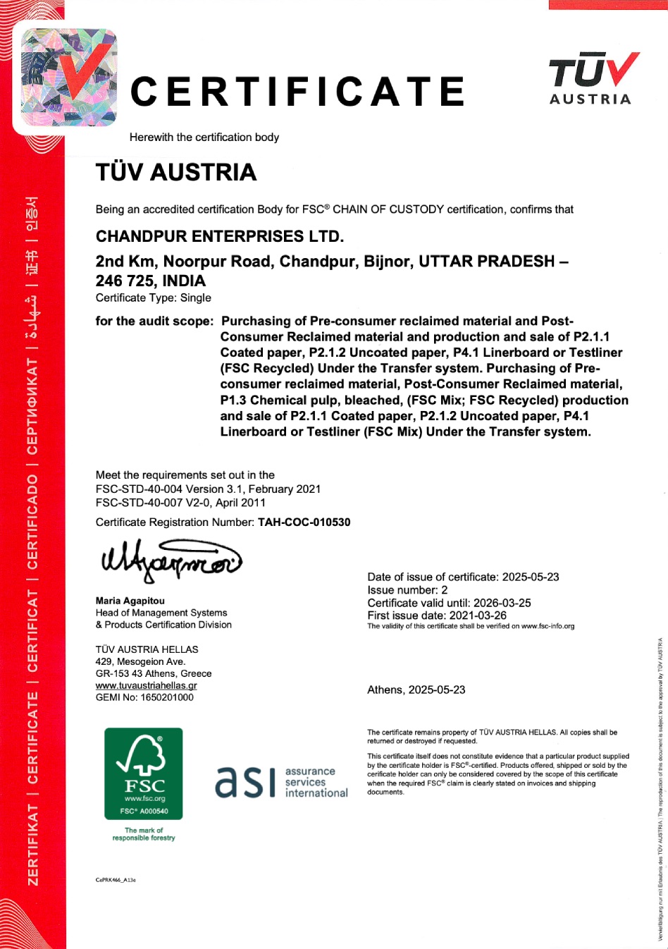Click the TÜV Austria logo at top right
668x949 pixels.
[593, 78]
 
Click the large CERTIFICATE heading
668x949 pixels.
[297, 92]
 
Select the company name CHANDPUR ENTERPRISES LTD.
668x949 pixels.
[220, 236]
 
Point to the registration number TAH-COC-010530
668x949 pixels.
[304, 522]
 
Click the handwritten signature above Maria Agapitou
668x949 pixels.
[171, 561]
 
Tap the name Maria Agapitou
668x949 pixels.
[130, 601]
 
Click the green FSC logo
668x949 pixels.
[144, 773]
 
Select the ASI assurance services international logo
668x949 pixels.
[281, 782]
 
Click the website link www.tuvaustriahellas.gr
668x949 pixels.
[147, 685]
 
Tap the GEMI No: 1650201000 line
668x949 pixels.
[144, 697]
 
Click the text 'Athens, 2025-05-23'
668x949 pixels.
[416, 690]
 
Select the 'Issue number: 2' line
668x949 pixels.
[407, 590]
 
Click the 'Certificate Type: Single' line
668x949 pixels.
[154, 298]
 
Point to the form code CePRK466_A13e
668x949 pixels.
[116, 880]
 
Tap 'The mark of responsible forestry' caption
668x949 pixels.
[144, 834]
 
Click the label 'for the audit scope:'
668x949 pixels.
[154, 322]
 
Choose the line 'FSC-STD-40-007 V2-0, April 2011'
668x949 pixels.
[180, 503]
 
